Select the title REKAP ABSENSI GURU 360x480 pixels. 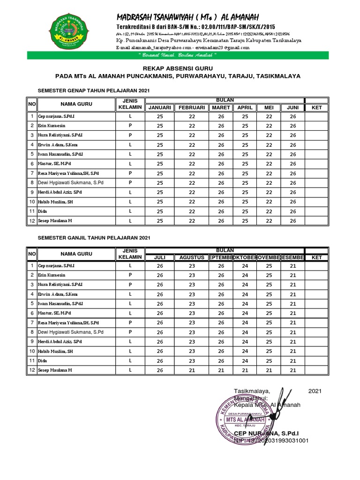178,68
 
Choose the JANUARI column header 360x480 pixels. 160,108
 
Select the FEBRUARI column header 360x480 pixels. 192,108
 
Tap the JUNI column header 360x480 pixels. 293,108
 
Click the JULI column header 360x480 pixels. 160,257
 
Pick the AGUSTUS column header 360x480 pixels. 192,257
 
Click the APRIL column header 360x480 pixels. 245,108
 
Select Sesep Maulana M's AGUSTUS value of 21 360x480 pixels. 192,370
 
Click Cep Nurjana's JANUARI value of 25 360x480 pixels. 160,116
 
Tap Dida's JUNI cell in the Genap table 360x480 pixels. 293,211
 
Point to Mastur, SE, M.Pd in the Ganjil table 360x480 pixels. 54,313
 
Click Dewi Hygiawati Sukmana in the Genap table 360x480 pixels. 70,182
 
